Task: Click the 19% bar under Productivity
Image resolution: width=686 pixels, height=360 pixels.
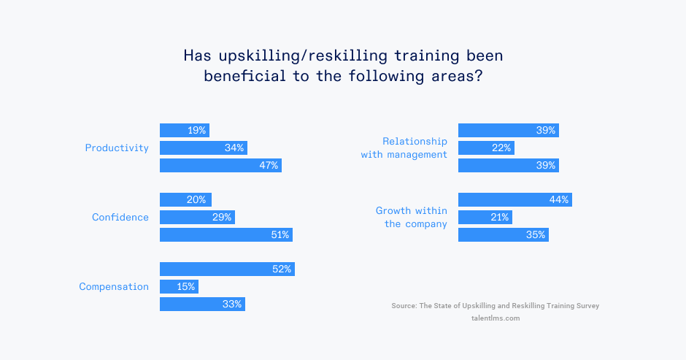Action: (184, 131)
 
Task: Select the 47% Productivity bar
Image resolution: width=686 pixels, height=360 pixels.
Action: (220, 166)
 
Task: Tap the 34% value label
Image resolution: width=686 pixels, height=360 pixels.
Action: (234, 148)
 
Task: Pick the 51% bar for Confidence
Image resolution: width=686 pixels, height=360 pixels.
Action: (226, 235)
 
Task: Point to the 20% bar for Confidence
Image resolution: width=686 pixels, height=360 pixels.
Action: (185, 200)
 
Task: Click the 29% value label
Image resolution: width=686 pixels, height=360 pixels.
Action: (222, 218)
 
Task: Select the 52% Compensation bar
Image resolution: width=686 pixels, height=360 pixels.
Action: (227, 269)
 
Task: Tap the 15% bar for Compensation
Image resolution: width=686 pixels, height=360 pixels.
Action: (179, 287)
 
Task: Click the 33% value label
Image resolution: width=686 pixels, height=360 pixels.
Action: (232, 305)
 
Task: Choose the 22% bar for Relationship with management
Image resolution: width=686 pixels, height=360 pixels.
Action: (486, 148)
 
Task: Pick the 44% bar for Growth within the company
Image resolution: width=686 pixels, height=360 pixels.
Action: (514, 200)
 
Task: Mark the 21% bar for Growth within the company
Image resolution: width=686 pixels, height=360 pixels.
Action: (485, 218)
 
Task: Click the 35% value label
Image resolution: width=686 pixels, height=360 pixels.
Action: (536, 235)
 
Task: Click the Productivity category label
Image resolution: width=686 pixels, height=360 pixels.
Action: (117, 148)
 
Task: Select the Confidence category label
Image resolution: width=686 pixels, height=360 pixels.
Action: (120, 218)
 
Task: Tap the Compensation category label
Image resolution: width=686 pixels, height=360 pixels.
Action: (114, 287)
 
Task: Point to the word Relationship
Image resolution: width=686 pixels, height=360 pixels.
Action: (415, 141)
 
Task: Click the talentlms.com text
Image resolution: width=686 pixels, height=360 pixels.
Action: (496, 318)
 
